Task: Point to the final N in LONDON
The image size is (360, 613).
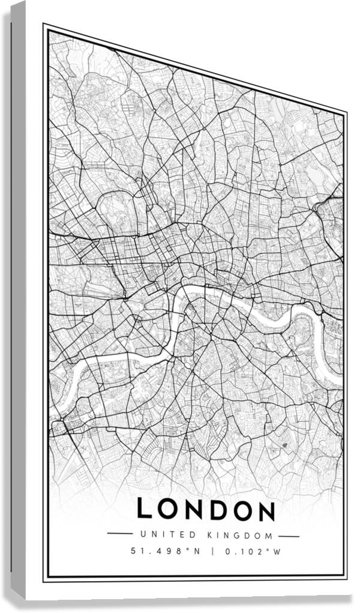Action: coord(264,510)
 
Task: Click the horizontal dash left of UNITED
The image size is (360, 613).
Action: coord(119,533)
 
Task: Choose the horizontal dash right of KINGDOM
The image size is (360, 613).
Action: coord(289,536)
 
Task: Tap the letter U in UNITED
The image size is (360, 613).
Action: coord(142,534)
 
